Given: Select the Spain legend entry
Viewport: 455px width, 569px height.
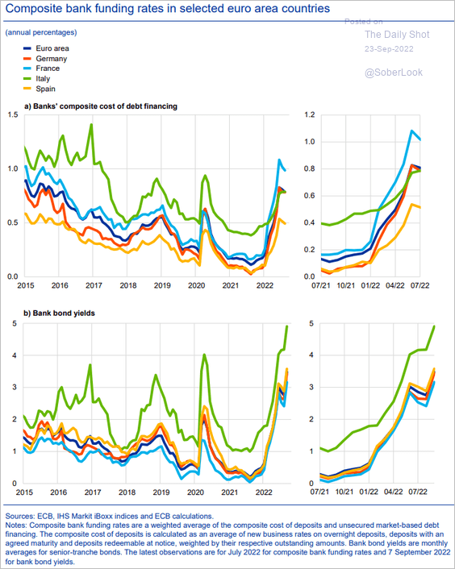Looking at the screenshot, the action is [x=40, y=89].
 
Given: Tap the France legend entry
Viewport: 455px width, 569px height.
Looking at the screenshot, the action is [x=41, y=69].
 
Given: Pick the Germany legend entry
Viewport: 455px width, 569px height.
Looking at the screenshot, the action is [x=44, y=58].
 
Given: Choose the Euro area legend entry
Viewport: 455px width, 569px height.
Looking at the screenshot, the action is [x=46, y=48].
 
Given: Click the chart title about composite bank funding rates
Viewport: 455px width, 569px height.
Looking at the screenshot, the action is [x=168, y=8].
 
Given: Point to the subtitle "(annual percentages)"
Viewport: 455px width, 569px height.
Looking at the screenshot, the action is [x=41, y=32].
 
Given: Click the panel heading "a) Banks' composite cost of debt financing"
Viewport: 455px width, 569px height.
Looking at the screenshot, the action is [x=101, y=106].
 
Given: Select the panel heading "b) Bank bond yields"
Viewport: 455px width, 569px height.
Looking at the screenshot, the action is [x=59, y=314].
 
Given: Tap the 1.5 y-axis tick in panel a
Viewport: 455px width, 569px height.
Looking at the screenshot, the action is [x=13, y=114].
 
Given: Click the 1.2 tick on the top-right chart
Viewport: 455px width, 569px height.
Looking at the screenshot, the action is [x=310, y=114].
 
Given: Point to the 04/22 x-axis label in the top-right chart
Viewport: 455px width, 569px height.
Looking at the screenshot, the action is [x=395, y=285].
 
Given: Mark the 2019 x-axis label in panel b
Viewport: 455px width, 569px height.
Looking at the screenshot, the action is [x=161, y=492].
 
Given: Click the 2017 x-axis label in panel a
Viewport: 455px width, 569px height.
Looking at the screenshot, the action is [x=94, y=285].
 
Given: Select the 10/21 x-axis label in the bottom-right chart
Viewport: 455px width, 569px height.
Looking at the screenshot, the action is [x=344, y=492].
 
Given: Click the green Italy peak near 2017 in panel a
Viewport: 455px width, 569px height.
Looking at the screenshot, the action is [x=91, y=124].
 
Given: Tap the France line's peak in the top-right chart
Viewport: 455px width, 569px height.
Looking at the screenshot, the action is [x=411, y=131].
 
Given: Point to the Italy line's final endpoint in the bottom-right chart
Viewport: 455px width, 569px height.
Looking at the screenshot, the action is [x=434, y=326].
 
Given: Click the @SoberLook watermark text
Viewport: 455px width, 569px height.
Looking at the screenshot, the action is [x=394, y=73].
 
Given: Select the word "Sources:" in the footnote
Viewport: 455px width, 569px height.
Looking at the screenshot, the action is [x=20, y=516].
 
